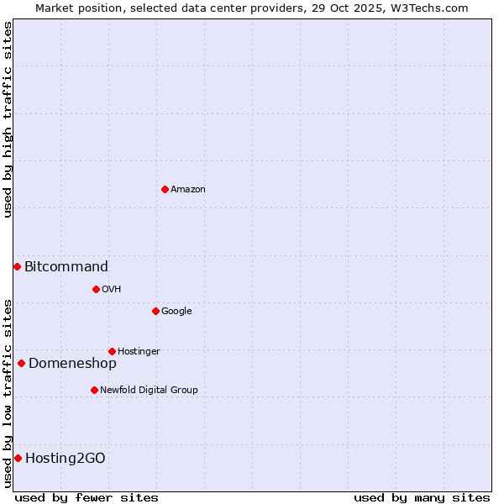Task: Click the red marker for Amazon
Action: pyautogui.click(x=165, y=189)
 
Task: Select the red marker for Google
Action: pyautogui.click(x=155, y=311)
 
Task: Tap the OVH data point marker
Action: pyautogui.click(x=96, y=289)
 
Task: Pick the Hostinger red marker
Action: pyautogui.click(x=112, y=351)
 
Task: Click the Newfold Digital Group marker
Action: pyautogui.click(x=94, y=390)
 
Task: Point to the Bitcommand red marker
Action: pyautogui.click(x=17, y=266)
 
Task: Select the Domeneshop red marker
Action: pyautogui.click(x=21, y=363)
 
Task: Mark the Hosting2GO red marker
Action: pyautogui.click(x=18, y=458)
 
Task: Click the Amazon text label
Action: pyautogui.click(x=188, y=190)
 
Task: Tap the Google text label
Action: pyautogui.click(x=176, y=312)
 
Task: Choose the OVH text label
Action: pyautogui.click(x=112, y=290)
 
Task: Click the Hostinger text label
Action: pyautogui.click(x=139, y=352)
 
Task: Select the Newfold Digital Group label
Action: pyautogui.click(x=149, y=391)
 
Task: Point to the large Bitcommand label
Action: pyautogui.click(x=66, y=267)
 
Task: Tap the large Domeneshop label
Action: pyautogui.click(x=72, y=364)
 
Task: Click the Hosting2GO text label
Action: pyautogui.click(x=66, y=459)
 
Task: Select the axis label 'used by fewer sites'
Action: pyautogui.click(x=87, y=497)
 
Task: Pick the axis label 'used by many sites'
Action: pyautogui.click(x=422, y=497)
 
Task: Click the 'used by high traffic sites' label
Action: pyautogui.click(x=8, y=119)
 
